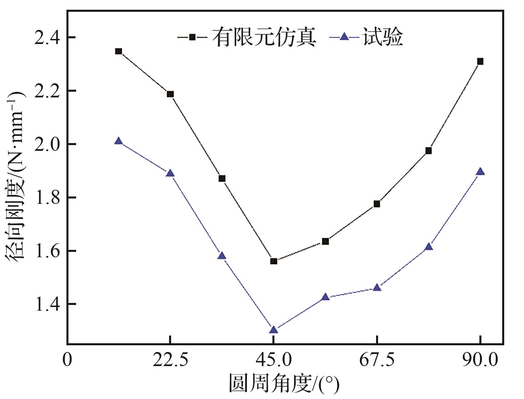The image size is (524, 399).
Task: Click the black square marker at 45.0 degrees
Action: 273,261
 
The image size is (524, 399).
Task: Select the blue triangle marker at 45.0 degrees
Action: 273,330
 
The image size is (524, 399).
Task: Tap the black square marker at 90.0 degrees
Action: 480,61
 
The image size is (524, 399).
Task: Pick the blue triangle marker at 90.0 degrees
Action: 480,172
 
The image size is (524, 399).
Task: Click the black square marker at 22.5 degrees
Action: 170,94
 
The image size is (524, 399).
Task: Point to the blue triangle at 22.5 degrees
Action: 170,173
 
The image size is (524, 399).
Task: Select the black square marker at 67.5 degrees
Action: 377,204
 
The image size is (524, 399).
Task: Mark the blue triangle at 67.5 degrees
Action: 377,287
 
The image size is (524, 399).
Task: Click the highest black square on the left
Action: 118,51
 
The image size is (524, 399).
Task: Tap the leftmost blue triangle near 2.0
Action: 118,141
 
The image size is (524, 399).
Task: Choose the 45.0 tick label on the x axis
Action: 273,360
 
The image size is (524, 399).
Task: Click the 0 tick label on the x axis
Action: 67,360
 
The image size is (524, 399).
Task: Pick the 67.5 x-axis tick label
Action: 377,360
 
